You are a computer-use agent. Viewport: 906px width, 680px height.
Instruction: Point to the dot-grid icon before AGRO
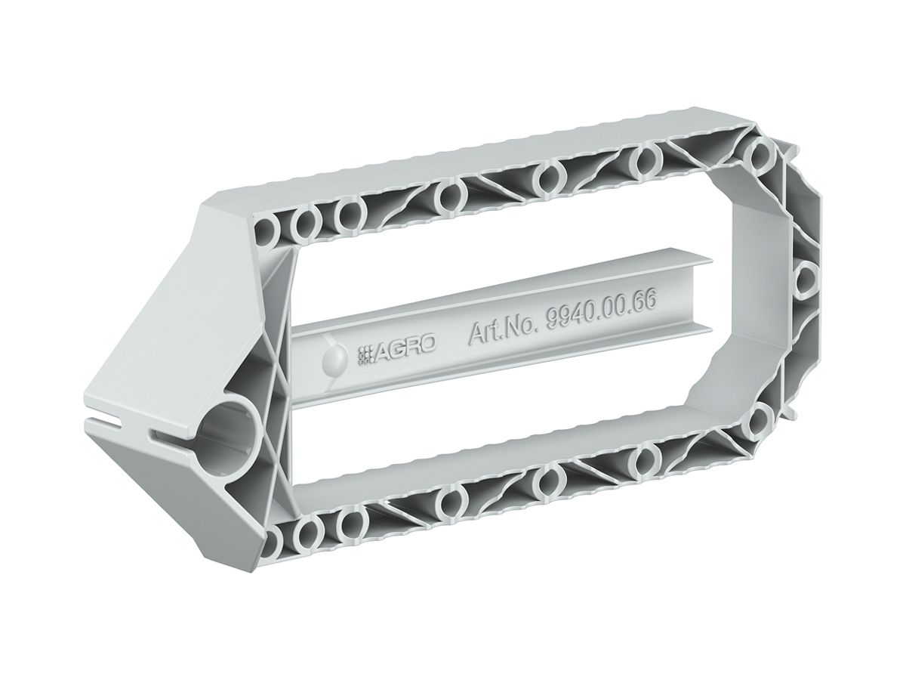click(365, 355)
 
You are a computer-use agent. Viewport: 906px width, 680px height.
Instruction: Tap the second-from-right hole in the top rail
click(648, 159)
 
